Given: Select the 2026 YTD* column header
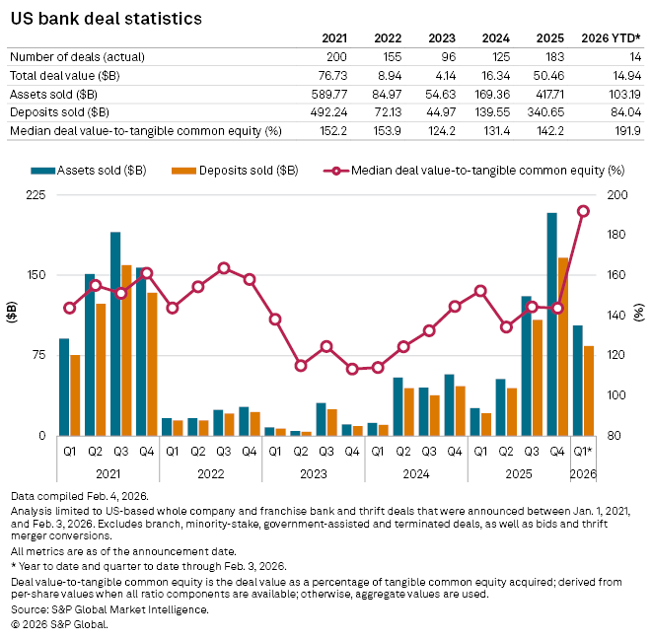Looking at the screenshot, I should (614, 38).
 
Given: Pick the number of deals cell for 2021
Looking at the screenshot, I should (335, 57).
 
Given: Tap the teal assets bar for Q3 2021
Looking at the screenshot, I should (115, 333).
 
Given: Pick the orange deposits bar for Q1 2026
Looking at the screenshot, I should (589, 391).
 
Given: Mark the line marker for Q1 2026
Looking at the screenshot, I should (583, 211).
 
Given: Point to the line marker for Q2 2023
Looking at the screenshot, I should (301, 366).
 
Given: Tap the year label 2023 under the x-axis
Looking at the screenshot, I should (314, 472).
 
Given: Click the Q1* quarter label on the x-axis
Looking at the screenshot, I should (583, 452).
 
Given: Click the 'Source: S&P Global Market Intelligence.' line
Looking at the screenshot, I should (109, 610).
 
